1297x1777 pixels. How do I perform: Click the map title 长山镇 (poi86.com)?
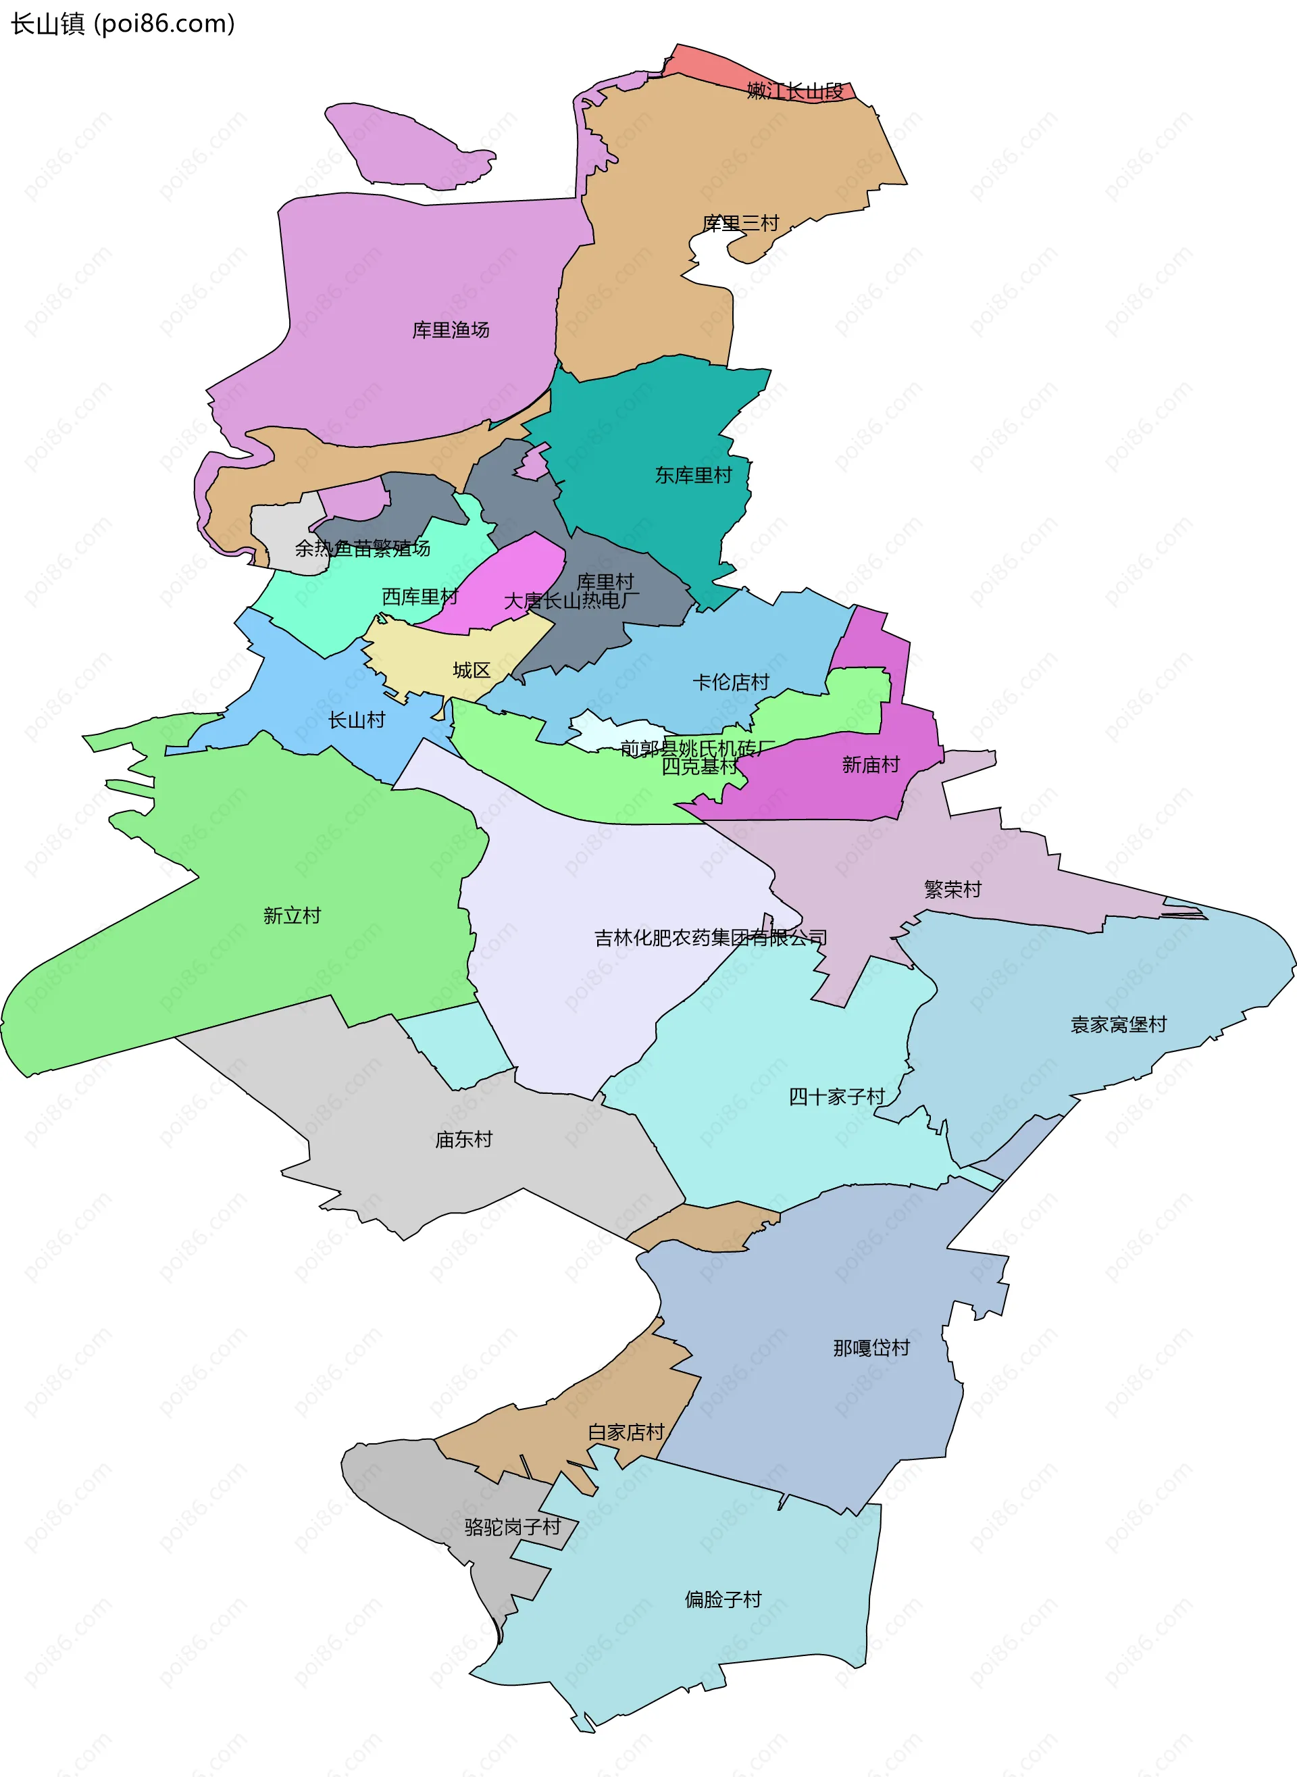click(x=122, y=24)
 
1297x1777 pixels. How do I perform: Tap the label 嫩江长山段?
click(x=794, y=91)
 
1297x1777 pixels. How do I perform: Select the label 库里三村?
click(x=740, y=224)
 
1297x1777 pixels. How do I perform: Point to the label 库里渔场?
click(x=451, y=330)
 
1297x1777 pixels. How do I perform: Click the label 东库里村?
click(x=693, y=475)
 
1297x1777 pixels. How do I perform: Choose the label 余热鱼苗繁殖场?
click(x=363, y=548)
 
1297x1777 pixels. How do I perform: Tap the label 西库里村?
click(x=420, y=597)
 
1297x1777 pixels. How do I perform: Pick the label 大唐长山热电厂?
click(x=571, y=601)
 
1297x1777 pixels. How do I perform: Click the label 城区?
click(x=472, y=670)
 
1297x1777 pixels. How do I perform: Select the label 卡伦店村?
click(x=731, y=682)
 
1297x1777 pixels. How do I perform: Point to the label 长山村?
click(x=357, y=720)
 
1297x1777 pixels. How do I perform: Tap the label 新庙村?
click(x=871, y=764)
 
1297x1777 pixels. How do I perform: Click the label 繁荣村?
click(x=952, y=889)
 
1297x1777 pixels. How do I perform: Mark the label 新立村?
click(x=292, y=915)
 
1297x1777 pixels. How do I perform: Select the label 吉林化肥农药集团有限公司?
click(x=711, y=938)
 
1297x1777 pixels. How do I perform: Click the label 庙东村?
click(x=463, y=1138)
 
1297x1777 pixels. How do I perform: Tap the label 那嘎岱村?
click(x=871, y=1347)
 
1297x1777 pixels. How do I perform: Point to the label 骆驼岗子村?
click(x=513, y=1526)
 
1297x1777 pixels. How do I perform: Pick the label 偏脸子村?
click(x=723, y=1599)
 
